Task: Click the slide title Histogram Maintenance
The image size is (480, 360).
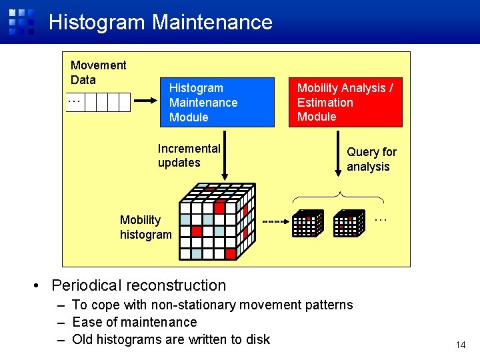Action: (x=160, y=22)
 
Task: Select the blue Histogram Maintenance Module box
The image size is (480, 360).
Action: (x=217, y=102)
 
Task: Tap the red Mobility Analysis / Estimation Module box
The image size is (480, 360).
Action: (x=345, y=102)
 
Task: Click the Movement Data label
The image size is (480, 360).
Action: (x=98, y=72)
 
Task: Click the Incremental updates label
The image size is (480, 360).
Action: (x=189, y=155)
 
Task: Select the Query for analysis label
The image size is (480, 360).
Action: (x=371, y=159)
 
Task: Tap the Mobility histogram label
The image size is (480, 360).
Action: (x=145, y=227)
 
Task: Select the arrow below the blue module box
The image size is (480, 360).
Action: (x=226, y=156)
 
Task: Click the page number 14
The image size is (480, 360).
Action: (x=459, y=345)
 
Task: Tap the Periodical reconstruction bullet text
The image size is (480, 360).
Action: (x=139, y=285)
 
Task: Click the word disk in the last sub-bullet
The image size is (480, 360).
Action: (x=257, y=339)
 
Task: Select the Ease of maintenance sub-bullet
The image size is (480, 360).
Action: (x=134, y=322)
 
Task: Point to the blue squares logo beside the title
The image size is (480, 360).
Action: (x=21, y=21)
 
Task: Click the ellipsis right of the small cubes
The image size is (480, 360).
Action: (x=380, y=217)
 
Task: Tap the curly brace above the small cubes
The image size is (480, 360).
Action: (x=339, y=197)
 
